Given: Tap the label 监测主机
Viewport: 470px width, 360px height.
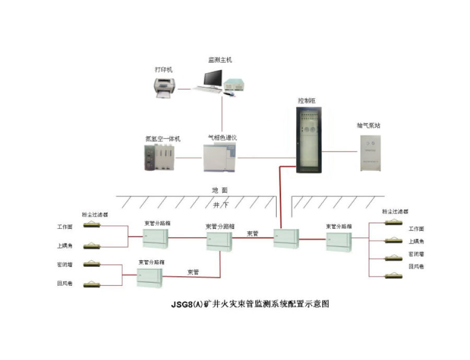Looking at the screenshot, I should (220, 61).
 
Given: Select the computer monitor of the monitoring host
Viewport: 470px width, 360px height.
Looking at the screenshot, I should (213, 78).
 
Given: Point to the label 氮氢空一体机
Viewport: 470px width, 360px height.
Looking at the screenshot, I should (162, 139).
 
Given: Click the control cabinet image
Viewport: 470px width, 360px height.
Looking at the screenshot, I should (309, 140).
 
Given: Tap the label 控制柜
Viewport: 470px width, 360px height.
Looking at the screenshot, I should (307, 100).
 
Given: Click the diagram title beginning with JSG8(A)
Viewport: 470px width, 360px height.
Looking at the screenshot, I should (250, 304).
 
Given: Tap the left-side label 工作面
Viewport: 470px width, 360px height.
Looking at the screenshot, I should (65, 227).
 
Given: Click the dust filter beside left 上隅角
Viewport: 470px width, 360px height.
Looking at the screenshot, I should (92, 245).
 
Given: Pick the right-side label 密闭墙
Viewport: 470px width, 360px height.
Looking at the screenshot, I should (416, 253).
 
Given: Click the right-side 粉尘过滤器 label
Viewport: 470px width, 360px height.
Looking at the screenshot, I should (395, 212).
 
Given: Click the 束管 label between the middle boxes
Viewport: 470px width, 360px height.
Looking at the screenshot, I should (252, 234).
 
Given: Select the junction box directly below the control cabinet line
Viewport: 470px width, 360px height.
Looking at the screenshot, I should (285, 239).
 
